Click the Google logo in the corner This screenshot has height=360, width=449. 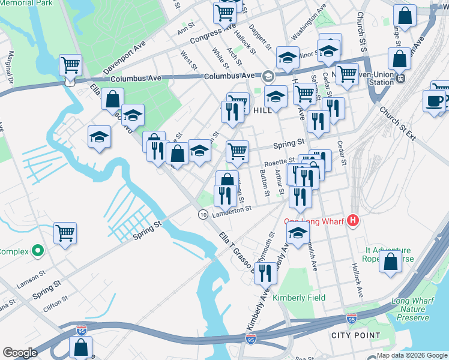click(x=20, y=353)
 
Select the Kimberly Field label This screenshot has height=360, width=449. click(x=299, y=298)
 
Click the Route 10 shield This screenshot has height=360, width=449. click(x=203, y=214)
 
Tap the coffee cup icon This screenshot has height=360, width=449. click(x=433, y=101)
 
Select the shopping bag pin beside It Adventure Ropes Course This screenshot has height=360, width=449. click(x=391, y=262)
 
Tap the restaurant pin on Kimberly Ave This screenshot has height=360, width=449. click(x=265, y=273)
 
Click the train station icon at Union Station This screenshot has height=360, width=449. click(x=400, y=77)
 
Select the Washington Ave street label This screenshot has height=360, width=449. click(x=309, y=22)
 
